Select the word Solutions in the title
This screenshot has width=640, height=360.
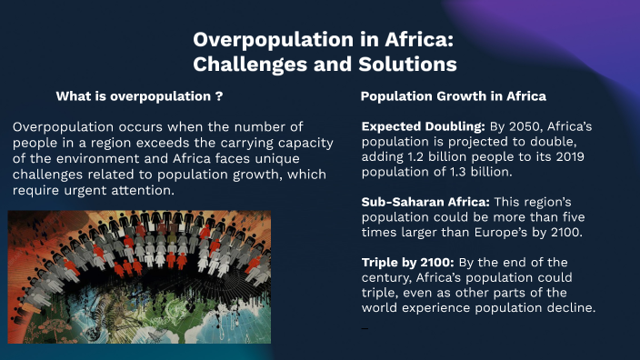tap(403, 65)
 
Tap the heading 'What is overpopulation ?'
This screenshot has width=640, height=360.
tap(140, 95)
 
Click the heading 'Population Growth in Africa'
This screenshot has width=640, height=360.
tap(454, 95)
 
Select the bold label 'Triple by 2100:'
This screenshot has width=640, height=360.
tap(408, 263)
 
